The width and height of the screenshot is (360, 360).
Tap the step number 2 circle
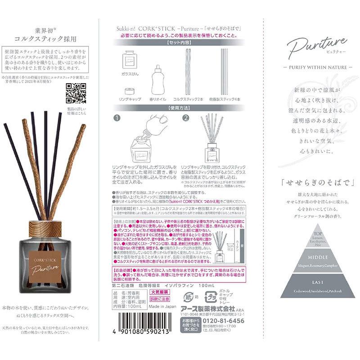coord(185,119)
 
